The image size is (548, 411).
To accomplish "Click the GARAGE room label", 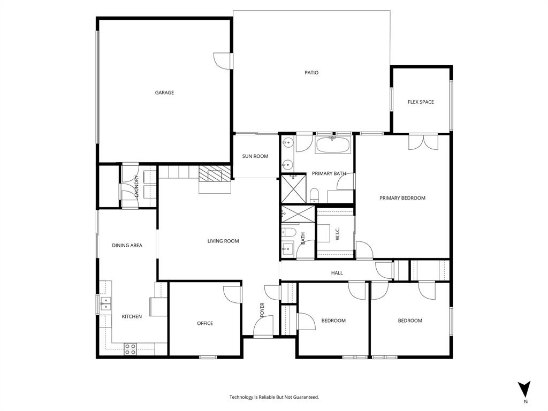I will [164, 93].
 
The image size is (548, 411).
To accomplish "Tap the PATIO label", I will [311, 73].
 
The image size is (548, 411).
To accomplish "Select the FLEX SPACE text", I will [421, 102].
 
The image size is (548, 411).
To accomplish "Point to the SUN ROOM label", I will [255, 156].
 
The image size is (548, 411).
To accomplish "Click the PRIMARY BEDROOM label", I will [402, 198].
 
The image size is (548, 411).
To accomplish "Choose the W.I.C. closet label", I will [338, 234].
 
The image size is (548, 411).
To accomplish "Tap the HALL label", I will [337, 273].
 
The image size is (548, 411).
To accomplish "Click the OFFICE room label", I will [205, 323].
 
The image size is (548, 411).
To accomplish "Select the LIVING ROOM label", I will [223, 241].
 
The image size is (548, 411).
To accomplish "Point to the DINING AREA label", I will [127, 246].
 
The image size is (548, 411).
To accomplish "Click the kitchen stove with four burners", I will [130, 349].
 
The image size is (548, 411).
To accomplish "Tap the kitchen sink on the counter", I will [105, 304].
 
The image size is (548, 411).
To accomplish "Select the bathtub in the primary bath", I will [332, 144].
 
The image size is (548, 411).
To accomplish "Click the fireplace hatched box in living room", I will [214, 174].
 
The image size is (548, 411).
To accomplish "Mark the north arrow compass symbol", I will [525, 390].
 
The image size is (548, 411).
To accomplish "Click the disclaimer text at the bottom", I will [274, 397].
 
